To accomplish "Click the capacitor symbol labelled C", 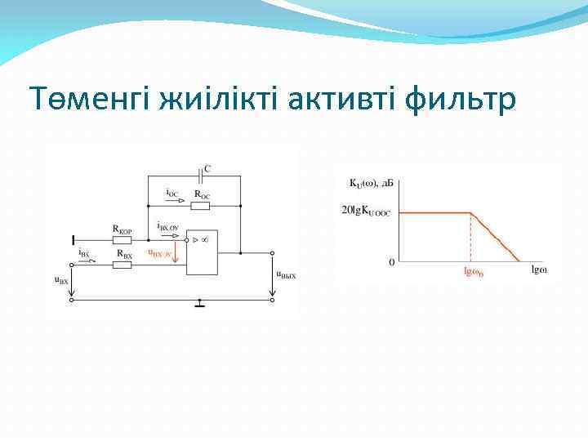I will [x=202, y=175].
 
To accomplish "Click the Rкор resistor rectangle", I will [x=122, y=241].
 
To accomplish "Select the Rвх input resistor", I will [x=123, y=265].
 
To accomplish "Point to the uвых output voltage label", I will [x=285, y=275].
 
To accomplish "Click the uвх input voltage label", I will [x=61, y=279].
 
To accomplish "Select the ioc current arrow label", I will [x=173, y=194].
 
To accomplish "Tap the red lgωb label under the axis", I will [x=473, y=273].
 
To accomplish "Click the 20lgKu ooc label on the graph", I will [x=367, y=212].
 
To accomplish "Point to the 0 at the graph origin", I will [x=391, y=263].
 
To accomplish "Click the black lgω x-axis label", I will [x=539, y=269].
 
